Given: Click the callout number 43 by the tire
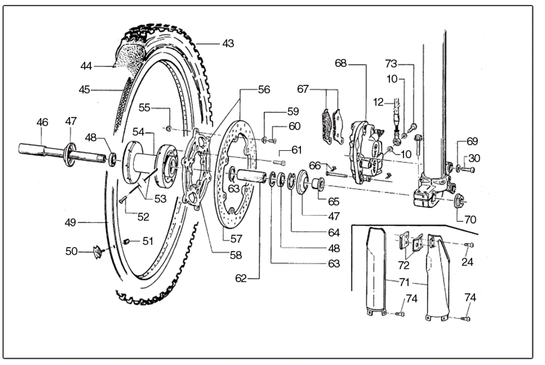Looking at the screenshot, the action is pyautogui.click(x=228, y=44).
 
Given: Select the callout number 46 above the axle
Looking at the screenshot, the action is pyautogui.click(x=42, y=122).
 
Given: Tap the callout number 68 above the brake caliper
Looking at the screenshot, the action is pyautogui.click(x=341, y=63).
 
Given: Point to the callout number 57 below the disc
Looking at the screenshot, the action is pyautogui.click(x=236, y=239).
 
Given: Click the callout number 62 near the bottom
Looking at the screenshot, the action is pyautogui.click(x=241, y=278).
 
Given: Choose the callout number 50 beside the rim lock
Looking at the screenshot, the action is pyautogui.click(x=71, y=251).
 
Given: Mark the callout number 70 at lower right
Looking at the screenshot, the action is pyautogui.click(x=470, y=220).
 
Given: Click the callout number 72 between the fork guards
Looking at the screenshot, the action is pyautogui.click(x=404, y=265).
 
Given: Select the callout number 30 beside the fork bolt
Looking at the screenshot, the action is pyautogui.click(x=474, y=158).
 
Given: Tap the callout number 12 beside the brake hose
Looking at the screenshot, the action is pyautogui.click(x=378, y=102).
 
